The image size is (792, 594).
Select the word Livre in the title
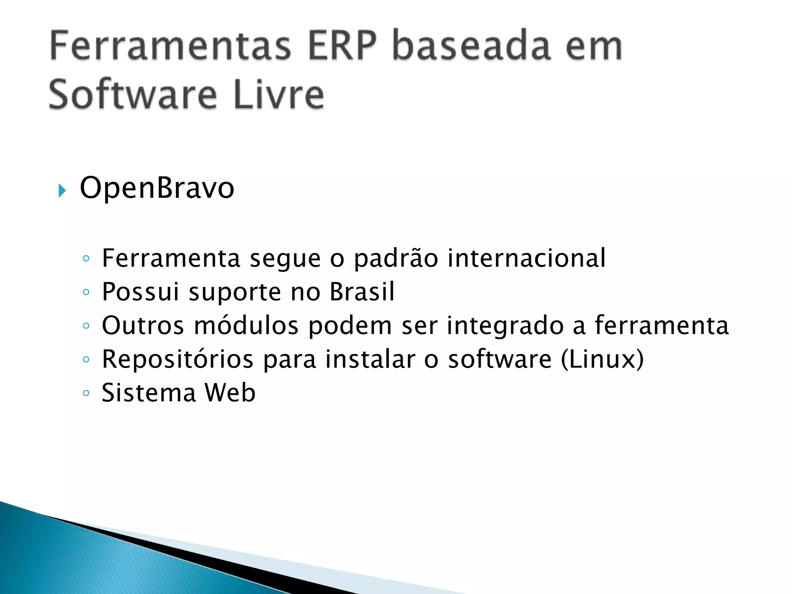pyautogui.click(x=278, y=95)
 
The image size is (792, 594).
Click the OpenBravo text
pyautogui.click(x=157, y=188)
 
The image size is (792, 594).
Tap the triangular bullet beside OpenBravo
pyautogui.click(x=62, y=191)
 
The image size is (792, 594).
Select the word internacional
pyautogui.click(x=526, y=258)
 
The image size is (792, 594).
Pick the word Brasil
pyautogui.click(x=362, y=292)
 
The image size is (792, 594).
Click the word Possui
pyautogui.click(x=140, y=292)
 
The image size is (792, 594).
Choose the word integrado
pyautogui.click(x=505, y=326)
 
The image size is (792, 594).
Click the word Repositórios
pyautogui.click(x=178, y=360)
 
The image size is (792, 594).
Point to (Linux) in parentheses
pyautogui.click(x=602, y=359)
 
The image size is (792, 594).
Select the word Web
pyautogui.click(x=230, y=393)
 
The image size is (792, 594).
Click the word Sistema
pyautogui.click(x=149, y=393)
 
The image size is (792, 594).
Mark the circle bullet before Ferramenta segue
pyautogui.click(x=86, y=259)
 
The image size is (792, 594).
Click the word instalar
pyautogui.click(x=370, y=359)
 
